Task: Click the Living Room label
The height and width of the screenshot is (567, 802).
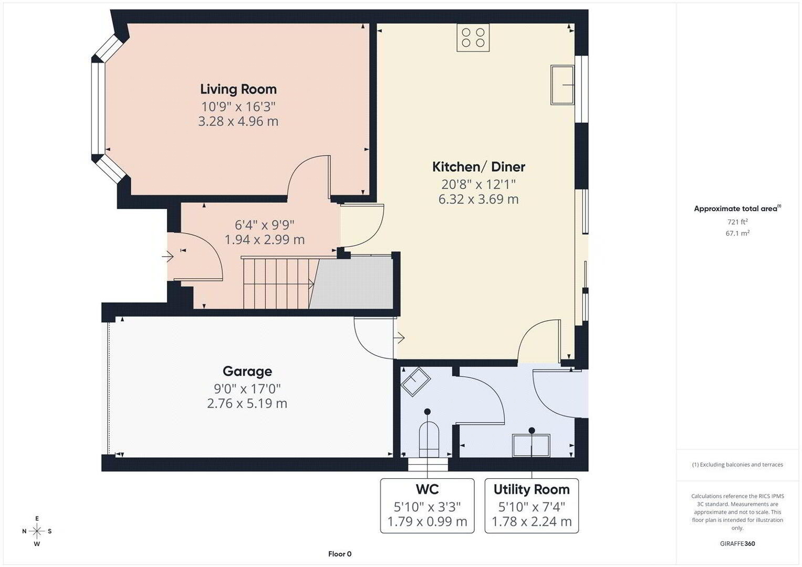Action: point(238,89)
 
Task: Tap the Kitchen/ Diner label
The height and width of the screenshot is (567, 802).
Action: point(478,167)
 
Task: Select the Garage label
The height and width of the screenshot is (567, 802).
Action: point(247,371)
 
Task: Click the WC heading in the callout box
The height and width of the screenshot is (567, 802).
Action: point(427,489)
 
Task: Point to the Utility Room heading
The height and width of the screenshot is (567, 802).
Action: point(532,489)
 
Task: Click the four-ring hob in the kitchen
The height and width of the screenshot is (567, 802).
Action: point(473,38)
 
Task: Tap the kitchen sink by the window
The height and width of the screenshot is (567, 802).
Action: point(563,85)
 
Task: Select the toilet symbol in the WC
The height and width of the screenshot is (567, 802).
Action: point(429,439)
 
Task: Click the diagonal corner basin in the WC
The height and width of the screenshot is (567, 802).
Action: point(415,382)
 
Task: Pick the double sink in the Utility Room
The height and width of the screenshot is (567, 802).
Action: point(532,445)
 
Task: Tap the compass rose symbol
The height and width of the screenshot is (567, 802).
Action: point(37,531)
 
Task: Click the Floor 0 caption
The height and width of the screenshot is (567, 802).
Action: point(340,554)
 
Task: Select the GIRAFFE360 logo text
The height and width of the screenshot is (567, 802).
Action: point(737,543)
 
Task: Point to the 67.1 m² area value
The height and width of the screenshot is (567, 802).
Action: point(737,233)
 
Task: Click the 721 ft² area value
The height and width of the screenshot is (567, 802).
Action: point(737,222)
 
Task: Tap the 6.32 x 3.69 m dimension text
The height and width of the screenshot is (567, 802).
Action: point(478,199)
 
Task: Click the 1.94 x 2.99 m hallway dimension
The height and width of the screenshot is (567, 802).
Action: point(265,239)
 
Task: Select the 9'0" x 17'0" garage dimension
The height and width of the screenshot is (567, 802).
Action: point(247,388)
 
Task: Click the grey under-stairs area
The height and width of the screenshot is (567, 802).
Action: point(352,283)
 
